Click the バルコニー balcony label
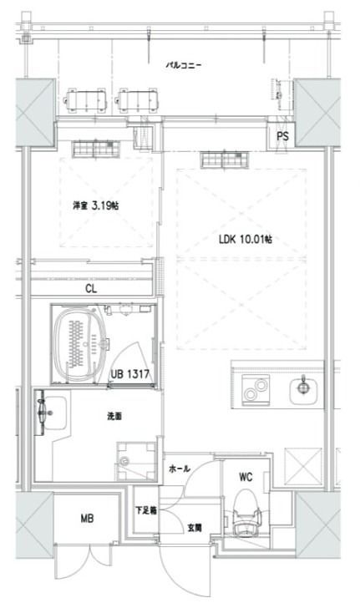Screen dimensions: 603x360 point(183,63)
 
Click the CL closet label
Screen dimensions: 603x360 point(89,289)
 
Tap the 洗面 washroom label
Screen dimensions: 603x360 point(114,416)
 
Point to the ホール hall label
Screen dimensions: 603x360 point(178,469)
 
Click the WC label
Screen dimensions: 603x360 point(245,478)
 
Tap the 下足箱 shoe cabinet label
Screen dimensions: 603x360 point(145,511)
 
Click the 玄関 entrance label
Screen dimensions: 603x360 point(194,527)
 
